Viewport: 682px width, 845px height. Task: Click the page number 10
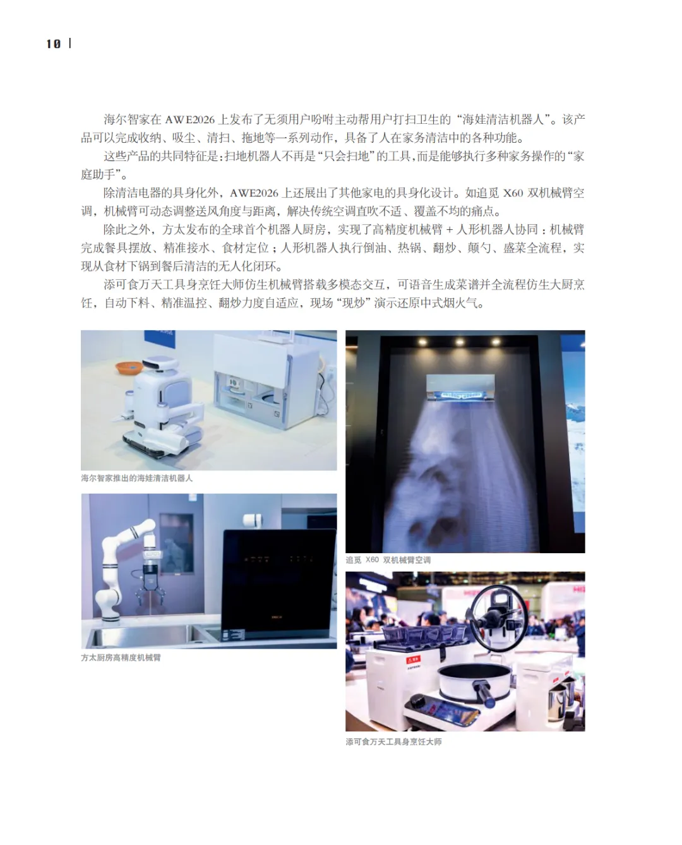[x=53, y=44]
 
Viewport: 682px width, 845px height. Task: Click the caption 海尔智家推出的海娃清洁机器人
[x=136, y=478]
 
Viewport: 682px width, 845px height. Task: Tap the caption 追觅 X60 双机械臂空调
[x=388, y=560]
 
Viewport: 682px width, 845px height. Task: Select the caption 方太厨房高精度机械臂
[x=121, y=657]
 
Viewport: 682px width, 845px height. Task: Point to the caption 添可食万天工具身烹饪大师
[x=393, y=741]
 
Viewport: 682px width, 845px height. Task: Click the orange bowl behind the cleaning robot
[x=129, y=367]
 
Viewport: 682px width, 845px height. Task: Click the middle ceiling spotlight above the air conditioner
[x=460, y=342]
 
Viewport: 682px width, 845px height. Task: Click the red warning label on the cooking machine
[x=413, y=660]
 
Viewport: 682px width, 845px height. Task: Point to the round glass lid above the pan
[x=498, y=617]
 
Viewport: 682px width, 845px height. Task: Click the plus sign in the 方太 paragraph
[x=449, y=230]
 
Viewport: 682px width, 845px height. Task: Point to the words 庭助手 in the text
[x=98, y=174]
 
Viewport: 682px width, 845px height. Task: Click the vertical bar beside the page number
[x=70, y=43]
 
